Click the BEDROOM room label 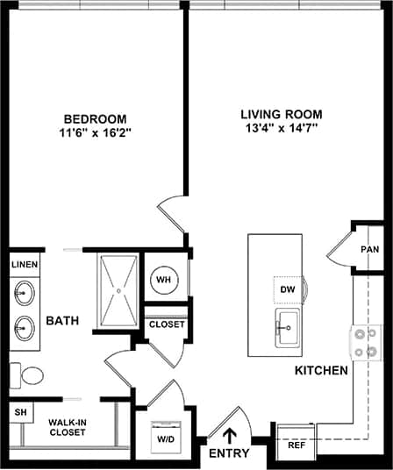point(95,119)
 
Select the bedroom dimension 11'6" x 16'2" point(95,134)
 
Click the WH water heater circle point(163,280)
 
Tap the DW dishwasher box point(288,288)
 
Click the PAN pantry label point(369,249)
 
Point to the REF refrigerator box point(297,445)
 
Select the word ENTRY point(229,454)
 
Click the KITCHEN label point(320,371)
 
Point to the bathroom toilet point(28,376)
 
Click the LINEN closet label point(24,263)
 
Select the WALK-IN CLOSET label point(68,427)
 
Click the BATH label point(63,321)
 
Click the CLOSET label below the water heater point(167,324)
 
